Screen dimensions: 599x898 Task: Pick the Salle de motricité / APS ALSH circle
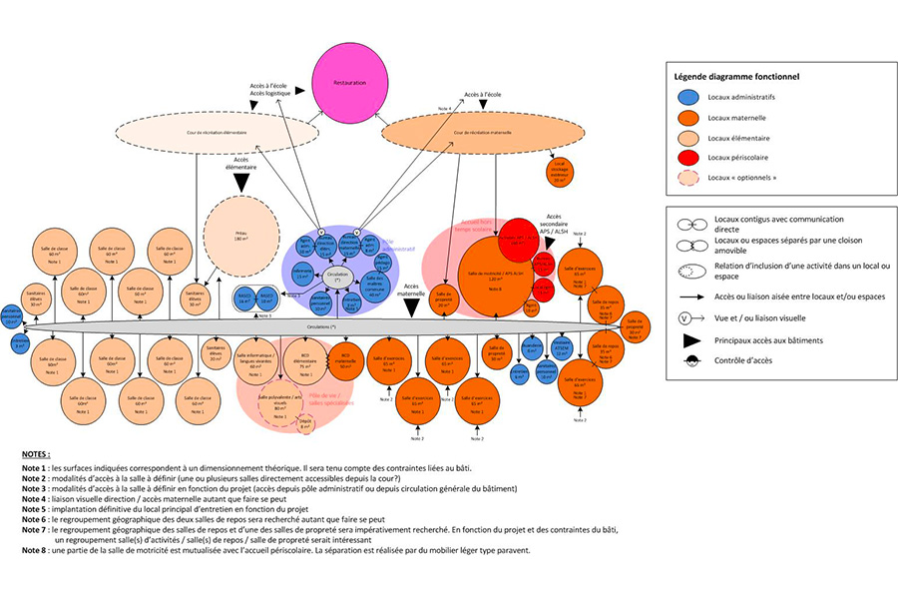click(495, 275)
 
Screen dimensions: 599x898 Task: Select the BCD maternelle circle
click(346, 359)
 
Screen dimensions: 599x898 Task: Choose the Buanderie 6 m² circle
click(533, 348)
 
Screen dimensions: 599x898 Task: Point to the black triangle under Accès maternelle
click(412, 308)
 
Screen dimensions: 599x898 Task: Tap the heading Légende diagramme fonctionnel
click(736, 76)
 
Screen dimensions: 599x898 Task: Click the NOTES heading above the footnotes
click(35, 453)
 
